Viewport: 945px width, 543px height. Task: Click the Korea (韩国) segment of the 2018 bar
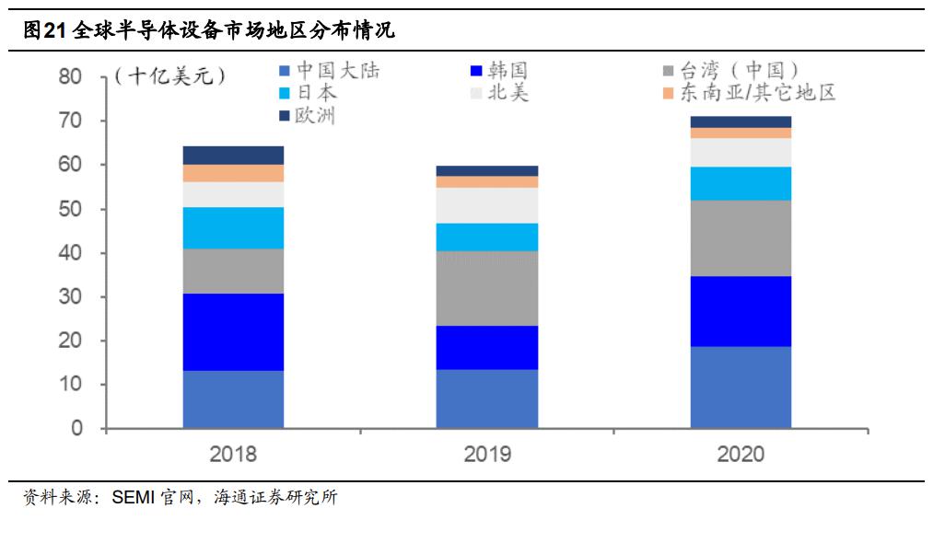click(233, 331)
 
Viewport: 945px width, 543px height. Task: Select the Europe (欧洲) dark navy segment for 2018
click(233, 156)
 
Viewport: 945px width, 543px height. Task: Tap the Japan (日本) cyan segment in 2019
click(487, 237)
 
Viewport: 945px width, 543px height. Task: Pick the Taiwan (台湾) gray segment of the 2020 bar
click(741, 238)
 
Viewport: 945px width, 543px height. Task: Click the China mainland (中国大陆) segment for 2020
click(741, 387)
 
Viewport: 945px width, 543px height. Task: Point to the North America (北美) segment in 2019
click(487, 205)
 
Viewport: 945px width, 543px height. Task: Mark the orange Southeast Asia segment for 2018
click(233, 173)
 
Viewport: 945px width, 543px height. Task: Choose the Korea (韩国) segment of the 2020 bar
click(741, 311)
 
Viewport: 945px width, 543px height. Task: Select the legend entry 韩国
click(498, 71)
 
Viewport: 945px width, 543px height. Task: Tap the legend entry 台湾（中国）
click(731, 71)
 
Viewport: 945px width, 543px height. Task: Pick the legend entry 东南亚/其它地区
click(749, 93)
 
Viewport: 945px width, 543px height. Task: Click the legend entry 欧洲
click(307, 116)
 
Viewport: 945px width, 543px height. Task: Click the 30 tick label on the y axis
click(70, 296)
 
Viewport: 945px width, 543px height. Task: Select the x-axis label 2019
click(487, 454)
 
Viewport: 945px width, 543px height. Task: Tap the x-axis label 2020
click(741, 454)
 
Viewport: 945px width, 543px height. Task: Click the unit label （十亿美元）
click(170, 75)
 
